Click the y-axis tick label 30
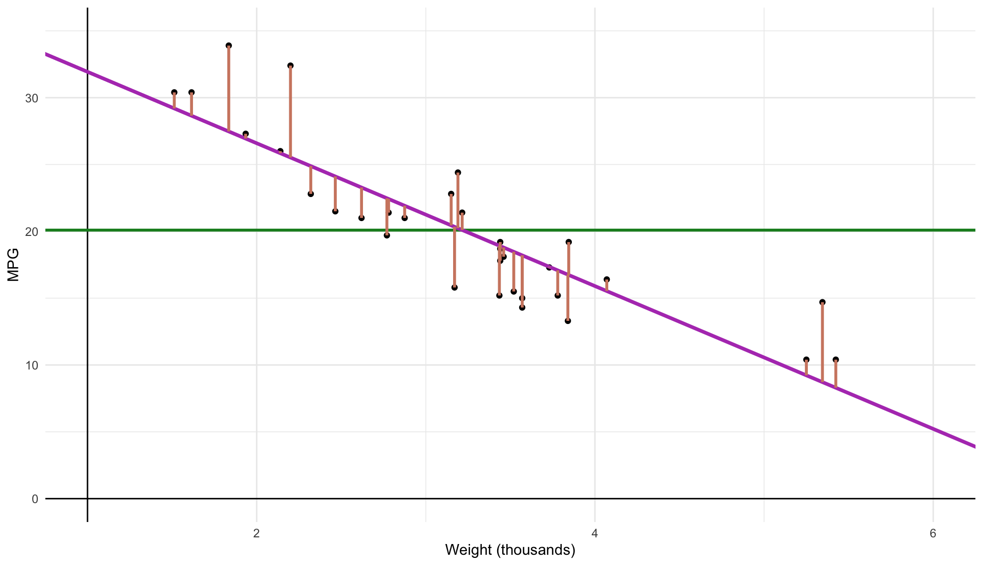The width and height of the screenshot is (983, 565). click(x=32, y=98)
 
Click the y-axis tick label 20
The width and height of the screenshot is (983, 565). click(x=32, y=232)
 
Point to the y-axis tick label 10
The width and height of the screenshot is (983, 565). click(x=32, y=365)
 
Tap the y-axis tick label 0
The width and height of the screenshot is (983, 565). click(x=35, y=499)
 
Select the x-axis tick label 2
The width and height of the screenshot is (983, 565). click(x=257, y=534)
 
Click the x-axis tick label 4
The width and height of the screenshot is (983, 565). click(x=594, y=534)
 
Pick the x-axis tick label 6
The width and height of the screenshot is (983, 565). click(x=933, y=534)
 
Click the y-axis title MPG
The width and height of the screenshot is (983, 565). click(x=13, y=265)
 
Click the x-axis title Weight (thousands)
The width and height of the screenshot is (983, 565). click(x=510, y=550)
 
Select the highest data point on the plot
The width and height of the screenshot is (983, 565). click(x=229, y=46)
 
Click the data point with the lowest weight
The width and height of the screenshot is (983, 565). click(x=174, y=93)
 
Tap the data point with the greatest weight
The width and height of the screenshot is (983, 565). click(x=836, y=360)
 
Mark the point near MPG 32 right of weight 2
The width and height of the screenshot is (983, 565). click(x=290, y=66)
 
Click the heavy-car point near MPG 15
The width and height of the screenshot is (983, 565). click(x=822, y=302)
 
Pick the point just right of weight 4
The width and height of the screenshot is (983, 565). click(x=607, y=279)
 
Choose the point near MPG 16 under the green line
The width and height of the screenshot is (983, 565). click(x=454, y=288)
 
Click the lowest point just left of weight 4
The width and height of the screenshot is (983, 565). click(x=568, y=321)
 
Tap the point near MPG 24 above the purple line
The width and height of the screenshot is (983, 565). click(x=458, y=172)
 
